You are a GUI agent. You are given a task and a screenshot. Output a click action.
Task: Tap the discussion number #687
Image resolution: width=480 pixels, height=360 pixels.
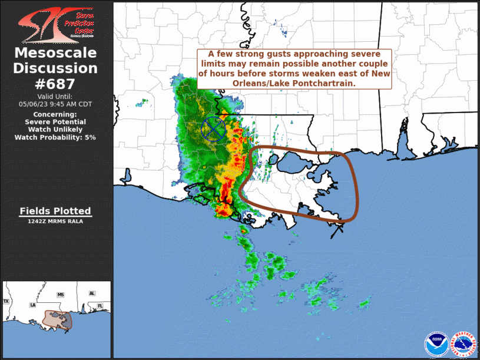point(55,83)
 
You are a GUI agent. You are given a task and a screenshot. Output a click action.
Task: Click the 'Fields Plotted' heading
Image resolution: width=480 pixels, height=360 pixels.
point(55,210)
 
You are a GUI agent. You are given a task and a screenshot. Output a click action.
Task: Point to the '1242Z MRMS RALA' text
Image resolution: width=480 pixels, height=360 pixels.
point(55,222)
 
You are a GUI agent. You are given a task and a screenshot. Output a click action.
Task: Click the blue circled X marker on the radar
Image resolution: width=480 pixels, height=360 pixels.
point(213,128)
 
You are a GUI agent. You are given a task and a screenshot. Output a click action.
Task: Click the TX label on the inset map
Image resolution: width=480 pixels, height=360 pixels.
point(6,301)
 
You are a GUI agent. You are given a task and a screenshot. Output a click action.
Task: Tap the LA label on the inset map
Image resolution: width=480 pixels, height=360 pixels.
point(34,305)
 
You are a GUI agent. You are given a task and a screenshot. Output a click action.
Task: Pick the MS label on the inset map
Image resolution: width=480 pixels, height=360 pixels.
point(60,294)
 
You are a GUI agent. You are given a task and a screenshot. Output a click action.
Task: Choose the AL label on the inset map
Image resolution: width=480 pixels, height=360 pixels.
point(92,293)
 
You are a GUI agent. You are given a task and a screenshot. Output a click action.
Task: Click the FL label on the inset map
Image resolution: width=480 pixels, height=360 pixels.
point(100,306)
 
